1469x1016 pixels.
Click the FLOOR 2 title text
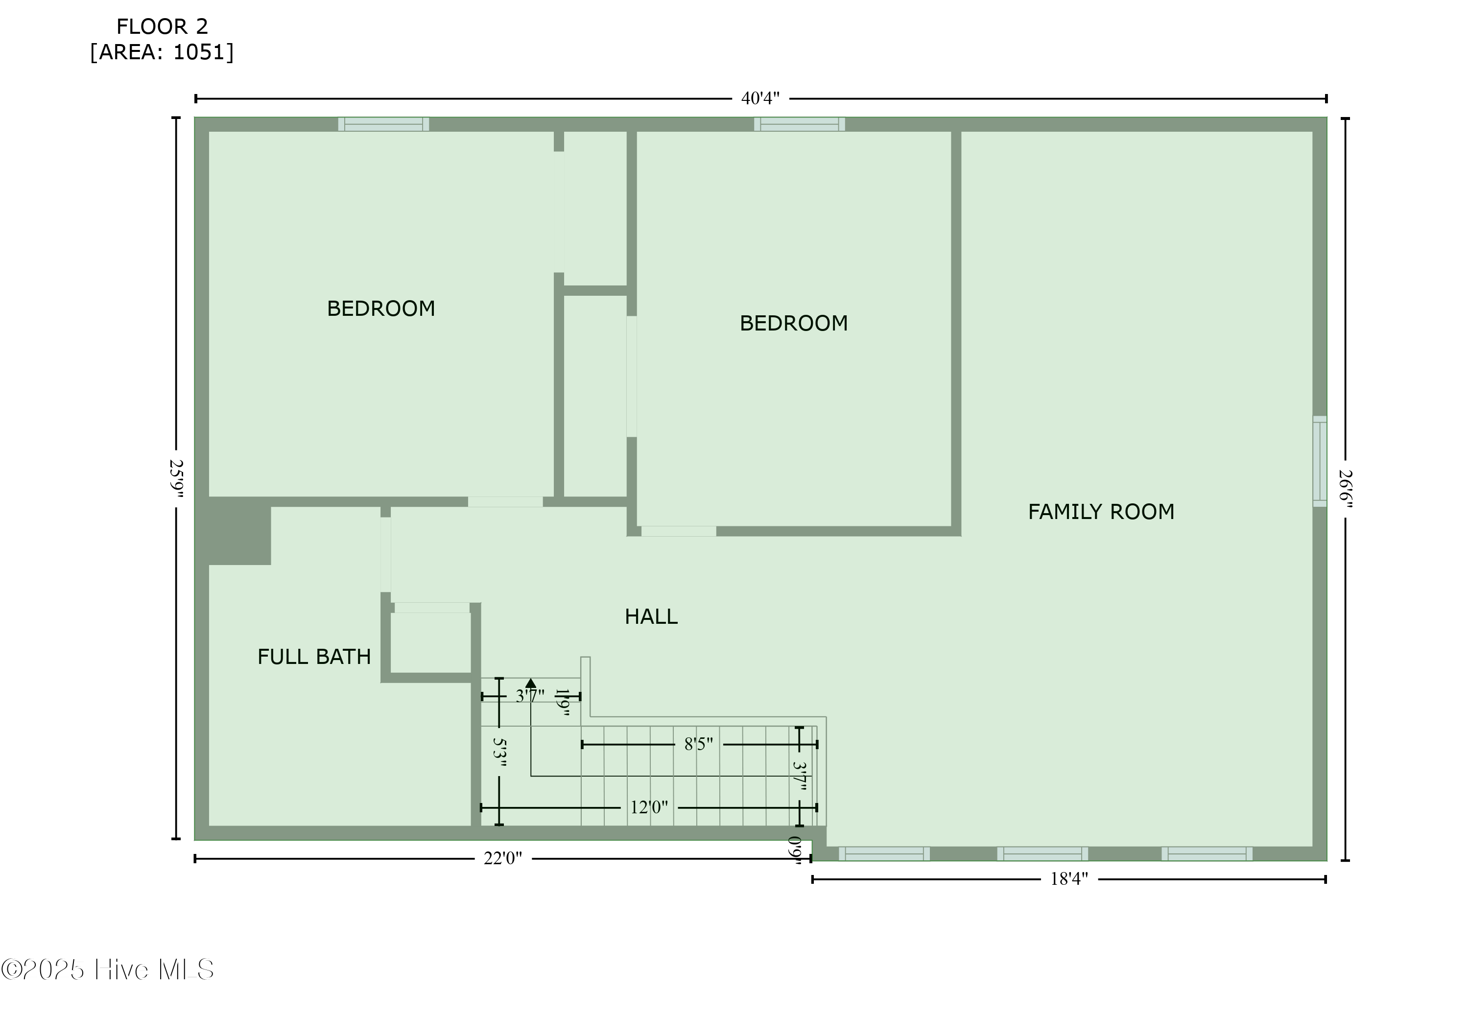(x=162, y=27)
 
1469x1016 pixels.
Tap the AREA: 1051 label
(x=162, y=52)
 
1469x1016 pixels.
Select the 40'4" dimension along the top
(x=760, y=99)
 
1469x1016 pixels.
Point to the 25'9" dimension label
(x=176, y=479)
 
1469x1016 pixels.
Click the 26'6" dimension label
(x=1345, y=489)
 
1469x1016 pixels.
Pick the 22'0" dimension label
(x=503, y=859)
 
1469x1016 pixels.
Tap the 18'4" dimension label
(x=1069, y=879)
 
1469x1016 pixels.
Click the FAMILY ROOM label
(x=1101, y=512)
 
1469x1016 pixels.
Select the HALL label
(x=651, y=616)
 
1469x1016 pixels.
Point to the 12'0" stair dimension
(x=649, y=807)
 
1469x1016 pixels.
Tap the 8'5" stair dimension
(x=698, y=744)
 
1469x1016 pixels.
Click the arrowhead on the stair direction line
(x=531, y=683)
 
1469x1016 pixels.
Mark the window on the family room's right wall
(x=1320, y=462)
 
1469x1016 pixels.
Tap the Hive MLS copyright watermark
(x=107, y=969)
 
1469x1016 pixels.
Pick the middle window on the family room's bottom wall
(x=1043, y=853)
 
